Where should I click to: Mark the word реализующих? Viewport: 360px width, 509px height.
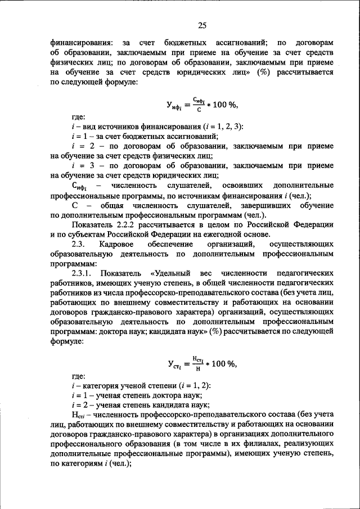pyautogui.click(x=307, y=444)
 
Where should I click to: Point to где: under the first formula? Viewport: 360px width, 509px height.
pyautogui.click(x=79, y=117)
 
